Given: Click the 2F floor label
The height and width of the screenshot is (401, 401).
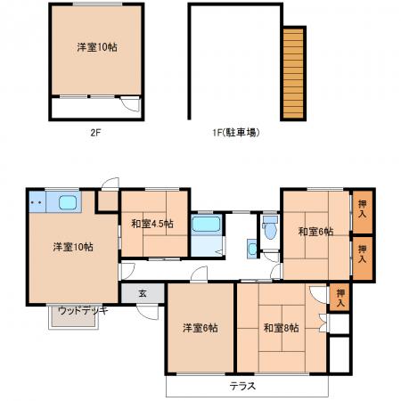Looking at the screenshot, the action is pyautogui.click(x=95, y=132).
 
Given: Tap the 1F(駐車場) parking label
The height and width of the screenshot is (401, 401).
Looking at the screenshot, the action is pyautogui.click(x=236, y=132).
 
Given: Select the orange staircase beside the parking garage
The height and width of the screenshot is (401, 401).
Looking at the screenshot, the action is pyautogui.click(x=293, y=73).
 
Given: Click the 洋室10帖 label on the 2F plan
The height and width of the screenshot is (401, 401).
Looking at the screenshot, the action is pyautogui.click(x=97, y=47).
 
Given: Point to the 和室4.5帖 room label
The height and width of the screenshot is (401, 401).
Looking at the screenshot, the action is pyautogui.click(x=152, y=224).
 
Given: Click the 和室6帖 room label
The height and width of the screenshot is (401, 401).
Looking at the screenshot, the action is pyautogui.click(x=315, y=231).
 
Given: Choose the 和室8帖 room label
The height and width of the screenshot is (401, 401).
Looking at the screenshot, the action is pyautogui.click(x=282, y=328).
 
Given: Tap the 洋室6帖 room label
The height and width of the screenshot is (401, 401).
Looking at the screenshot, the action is pyautogui.click(x=200, y=328).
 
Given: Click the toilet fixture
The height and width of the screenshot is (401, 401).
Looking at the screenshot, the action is pyautogui.click(x=270, y=227).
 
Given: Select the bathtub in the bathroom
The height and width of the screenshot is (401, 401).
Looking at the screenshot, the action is pyautogui.click(x=207, y=224).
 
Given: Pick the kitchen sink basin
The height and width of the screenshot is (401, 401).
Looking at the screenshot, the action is pyautogui.click(x=68, y=203).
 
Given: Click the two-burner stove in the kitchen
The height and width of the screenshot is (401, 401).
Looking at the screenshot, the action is pyautogui.click(x=37, y=202).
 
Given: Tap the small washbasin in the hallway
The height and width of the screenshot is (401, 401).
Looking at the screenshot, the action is pyautogui.click(x=252, y=249).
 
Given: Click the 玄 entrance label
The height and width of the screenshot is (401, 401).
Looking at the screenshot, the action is pyautogui.click(x=143, y=293).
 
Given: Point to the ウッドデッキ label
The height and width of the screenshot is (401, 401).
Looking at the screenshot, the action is pyautogui.click(x=83, y=311).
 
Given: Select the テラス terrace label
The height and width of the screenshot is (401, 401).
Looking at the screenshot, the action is pyautogui.click(x=242, y=386).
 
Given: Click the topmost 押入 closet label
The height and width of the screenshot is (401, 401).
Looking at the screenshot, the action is pyautogui.click(x=362, y=209).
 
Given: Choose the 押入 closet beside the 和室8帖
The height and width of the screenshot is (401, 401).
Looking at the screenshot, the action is pyautogui.click(x=340, y=299).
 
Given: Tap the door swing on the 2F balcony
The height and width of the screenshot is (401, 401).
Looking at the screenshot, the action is pyautogui.click(x=131, y=104).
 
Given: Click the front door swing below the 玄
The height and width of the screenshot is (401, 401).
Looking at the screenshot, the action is pyautogui.click(x=148, y=313).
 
